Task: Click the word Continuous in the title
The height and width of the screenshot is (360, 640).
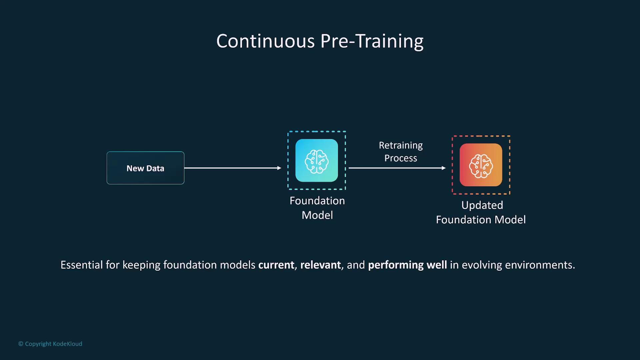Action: tap(266, 41)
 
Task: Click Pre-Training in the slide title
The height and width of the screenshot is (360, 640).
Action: tap(372, 42)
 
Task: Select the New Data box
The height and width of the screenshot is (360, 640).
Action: tap(145, 168)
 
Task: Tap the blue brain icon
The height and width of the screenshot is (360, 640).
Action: tap(317, 161)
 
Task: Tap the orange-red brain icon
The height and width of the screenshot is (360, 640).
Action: tap(481, 165)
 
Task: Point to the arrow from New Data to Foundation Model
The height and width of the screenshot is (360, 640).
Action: tap(233, 168)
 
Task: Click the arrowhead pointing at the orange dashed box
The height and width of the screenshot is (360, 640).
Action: tap(444, 168)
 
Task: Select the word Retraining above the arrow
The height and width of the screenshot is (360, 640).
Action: tap(401, 146)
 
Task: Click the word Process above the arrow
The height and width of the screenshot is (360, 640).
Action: tap(401, 158)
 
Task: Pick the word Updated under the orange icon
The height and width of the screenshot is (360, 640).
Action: tap(482, 205)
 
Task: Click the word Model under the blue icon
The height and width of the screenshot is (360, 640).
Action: tap(317, 215)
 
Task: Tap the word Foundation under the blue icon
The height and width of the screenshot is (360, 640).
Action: tap(317, 201)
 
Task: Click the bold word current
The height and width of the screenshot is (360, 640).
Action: tap(276, 265)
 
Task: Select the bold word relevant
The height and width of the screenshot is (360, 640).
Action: tap(321, 265)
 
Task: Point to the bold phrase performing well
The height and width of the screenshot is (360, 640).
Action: tap(407, 265)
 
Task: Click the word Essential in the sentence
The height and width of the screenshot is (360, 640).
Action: tap(82, 265)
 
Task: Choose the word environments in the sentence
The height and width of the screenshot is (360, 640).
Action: tap(540, 265)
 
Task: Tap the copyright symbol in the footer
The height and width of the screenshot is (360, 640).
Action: tap(21, 344)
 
